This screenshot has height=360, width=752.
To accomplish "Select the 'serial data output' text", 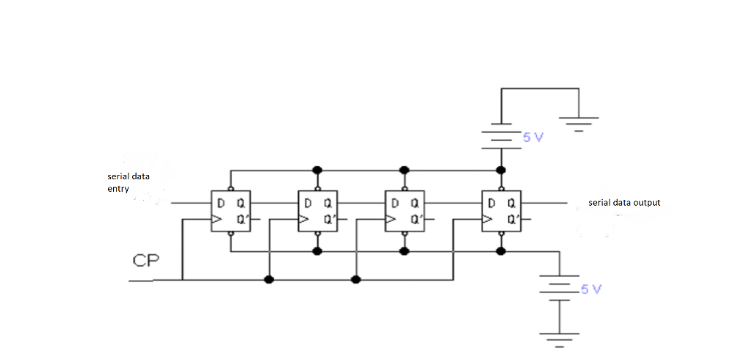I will [624, 202].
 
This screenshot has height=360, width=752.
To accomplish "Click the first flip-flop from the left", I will [231, 211].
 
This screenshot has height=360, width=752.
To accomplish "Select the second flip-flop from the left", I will [317, 211].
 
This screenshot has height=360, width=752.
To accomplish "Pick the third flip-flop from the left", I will [404, 211].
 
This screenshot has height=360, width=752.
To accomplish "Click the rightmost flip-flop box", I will [501, 211].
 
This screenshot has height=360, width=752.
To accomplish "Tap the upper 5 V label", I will [532, 137].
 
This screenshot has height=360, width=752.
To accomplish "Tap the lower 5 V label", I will [591, 289].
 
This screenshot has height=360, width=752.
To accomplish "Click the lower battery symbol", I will [560, 288].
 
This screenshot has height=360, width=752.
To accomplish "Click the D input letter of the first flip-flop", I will [220, 203].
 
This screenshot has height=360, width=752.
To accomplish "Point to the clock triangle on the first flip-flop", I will [215, 219].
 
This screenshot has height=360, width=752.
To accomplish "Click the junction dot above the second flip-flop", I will [317, 170].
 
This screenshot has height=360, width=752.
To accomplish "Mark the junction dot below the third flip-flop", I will [404, 251].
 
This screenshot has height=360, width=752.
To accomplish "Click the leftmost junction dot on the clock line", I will [269, 280].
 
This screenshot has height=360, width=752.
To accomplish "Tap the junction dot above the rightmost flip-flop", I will [501, 170].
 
